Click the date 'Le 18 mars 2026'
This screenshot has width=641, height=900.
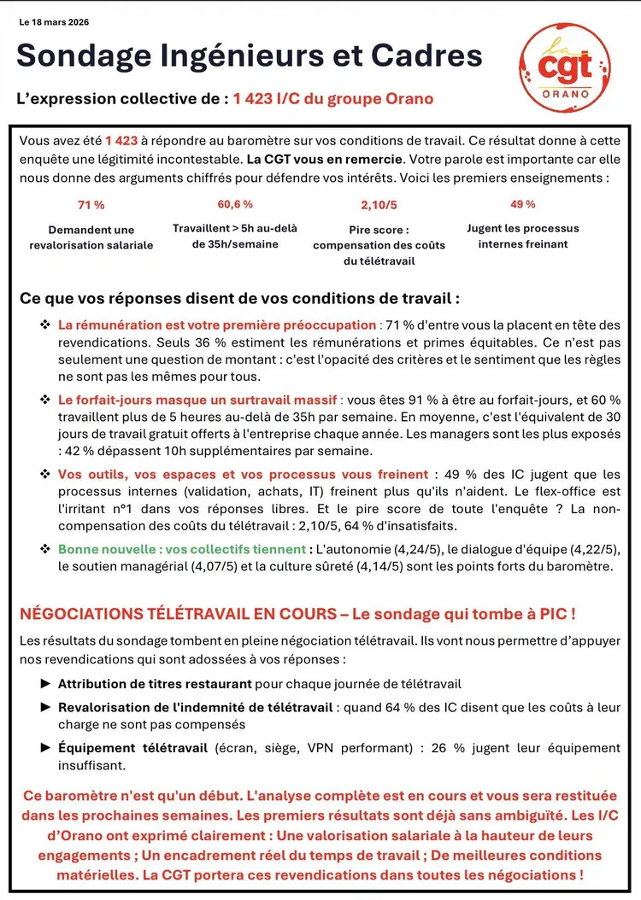(x=54, y=22)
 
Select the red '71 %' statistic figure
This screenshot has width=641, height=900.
(x=91, y=205)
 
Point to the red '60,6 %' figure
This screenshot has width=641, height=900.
(x=235, y=204)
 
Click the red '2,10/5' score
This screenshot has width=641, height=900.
(x=379, y=205)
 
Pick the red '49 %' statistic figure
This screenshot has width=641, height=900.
(x=523, y=204)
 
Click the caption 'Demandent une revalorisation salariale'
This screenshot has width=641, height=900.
(x=91, y=237)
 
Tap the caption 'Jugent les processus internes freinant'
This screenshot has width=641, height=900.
(x=523, y=236)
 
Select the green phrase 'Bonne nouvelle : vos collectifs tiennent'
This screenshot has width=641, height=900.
(x=181, y=549)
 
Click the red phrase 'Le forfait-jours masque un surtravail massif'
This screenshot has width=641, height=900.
(x=198, y=400)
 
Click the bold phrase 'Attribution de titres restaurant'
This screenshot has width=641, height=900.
(x=155, y=684)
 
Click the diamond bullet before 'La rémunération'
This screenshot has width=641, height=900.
(x=45, y=325)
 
